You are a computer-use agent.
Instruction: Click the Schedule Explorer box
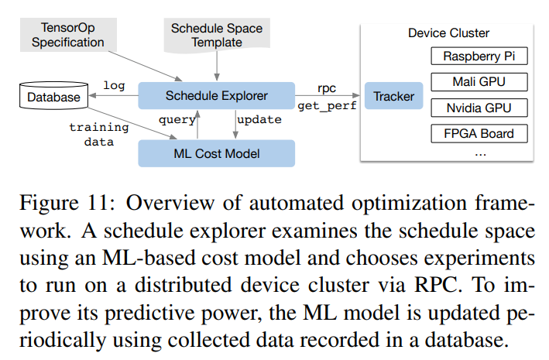216,96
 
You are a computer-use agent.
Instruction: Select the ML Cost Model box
216,153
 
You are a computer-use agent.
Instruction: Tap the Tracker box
393,97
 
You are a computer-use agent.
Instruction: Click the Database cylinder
53,98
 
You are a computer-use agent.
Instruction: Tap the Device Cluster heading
449,33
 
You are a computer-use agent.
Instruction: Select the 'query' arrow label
177,120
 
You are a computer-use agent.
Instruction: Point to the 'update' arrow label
259,120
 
